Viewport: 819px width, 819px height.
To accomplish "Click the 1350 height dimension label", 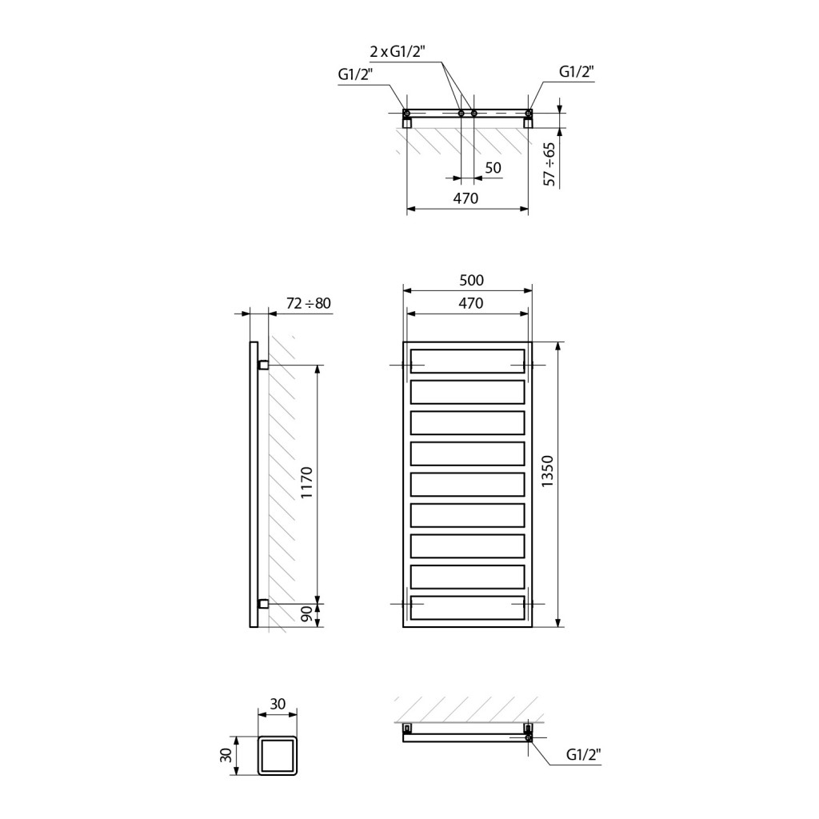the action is pyautogui.click(x=547, y=471).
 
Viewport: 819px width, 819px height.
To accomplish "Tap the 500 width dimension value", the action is pyautogui.click(x=471, y=281).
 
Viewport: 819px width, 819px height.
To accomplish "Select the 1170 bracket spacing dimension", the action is pyautogui.click(x=306, y=482).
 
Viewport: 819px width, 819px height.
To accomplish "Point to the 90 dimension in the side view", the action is pyautogui.click(x=306, y=613).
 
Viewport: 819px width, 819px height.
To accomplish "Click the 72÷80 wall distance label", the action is pyautogui.click(x=309, y=303).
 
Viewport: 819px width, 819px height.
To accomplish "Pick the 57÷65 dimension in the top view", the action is pyautogui.click(x=549, y=163).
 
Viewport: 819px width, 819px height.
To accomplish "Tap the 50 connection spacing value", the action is pyautogui.click(x=493, y=168).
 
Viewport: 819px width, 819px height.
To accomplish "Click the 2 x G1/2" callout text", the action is pyautogui.click(x=398, y=52).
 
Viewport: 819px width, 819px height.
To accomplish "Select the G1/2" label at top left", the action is pyautogui.click(x=356, y=74).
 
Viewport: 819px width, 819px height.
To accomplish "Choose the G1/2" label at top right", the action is pyautogui.click(x=577, y=71).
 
